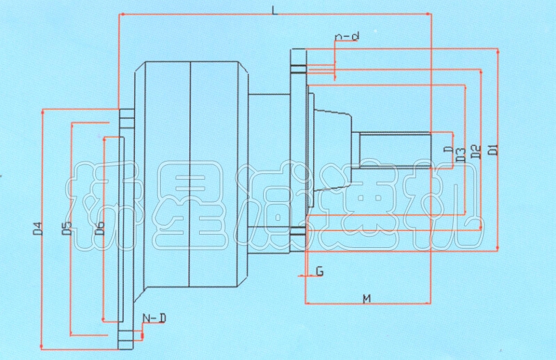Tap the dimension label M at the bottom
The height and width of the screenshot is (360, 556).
[x=366, y=299]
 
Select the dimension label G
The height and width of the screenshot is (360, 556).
[x=319, y=271]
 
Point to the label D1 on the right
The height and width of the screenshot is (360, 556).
[x=492, y=149]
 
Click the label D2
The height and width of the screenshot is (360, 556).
[x=476, y=151]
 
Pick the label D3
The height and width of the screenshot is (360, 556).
[x=461, y=155]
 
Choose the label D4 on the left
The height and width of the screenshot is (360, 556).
[x=38, y=228]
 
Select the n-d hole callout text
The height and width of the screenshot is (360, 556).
[x=347, y=36]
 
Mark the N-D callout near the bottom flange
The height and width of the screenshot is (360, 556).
[x=154, y=318]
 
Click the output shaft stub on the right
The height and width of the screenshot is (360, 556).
[x=393, y=150]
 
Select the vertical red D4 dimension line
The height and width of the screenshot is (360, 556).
[x=43, y=174]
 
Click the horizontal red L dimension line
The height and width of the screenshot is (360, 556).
[x=209, y=14]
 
